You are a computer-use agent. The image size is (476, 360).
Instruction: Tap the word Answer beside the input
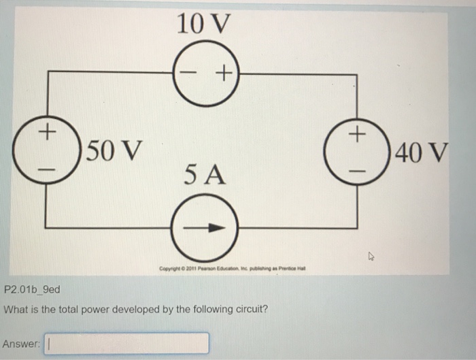[20, 344]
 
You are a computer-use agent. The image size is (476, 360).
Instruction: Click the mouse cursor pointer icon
[371, 257]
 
